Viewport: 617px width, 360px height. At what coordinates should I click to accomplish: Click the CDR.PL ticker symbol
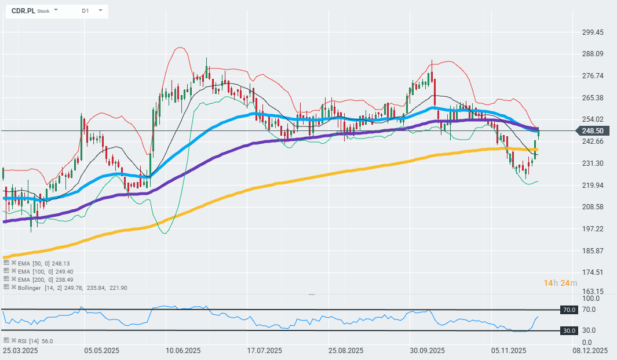[23, 10]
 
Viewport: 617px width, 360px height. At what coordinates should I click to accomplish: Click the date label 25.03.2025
[20, 351]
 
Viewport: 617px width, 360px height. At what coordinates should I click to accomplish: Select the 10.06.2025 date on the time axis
[183, 351]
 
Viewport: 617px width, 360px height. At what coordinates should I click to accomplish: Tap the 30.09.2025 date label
[427, 351]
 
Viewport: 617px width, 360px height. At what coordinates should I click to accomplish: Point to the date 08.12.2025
[590, 351]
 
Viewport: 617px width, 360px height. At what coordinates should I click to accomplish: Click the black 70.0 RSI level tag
[569, 310]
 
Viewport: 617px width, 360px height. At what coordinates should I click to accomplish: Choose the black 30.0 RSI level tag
[569, 330]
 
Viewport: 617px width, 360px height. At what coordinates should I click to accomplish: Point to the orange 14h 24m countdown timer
[560, 283]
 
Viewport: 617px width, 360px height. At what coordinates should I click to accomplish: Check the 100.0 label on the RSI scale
[590, 298]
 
